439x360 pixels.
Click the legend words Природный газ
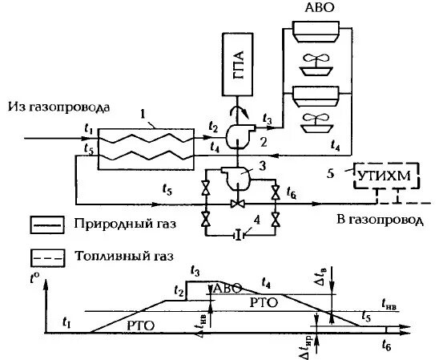tap(123, 224)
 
